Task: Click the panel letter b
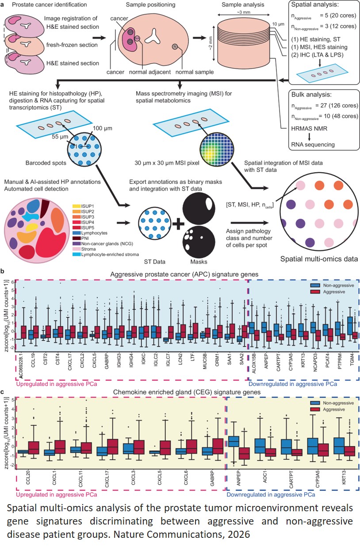click(3, 270)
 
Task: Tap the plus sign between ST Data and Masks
click(178, 224)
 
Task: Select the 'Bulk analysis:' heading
click(311, 95)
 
